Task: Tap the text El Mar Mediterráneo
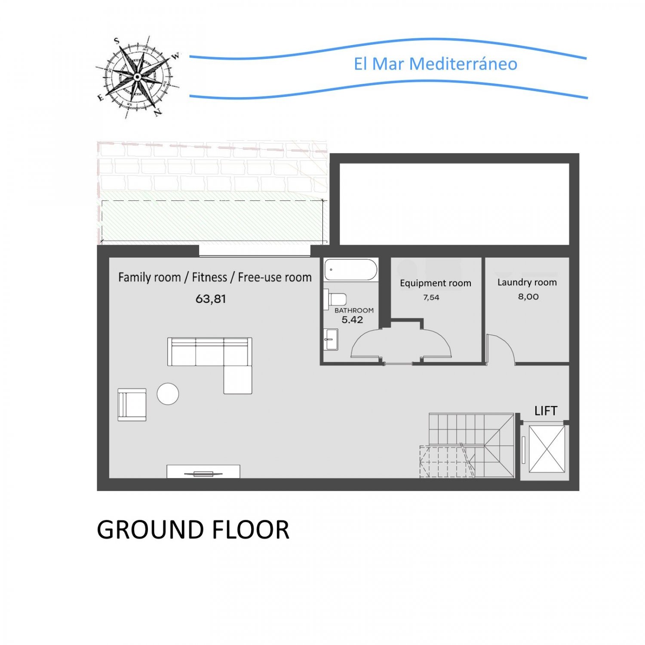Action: click(x=436, y=64)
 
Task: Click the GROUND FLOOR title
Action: click(x=193, y=529)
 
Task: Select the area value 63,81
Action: click(x=211, y=298)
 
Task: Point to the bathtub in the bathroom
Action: click(x=351, y=270)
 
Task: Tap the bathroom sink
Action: click(x=331, y=339)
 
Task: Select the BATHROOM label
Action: click(x=354, y=310)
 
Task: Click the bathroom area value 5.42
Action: click(x=352, y=319)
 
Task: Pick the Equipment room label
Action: click(x=436, y=283)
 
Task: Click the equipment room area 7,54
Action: click(x=431, y=297)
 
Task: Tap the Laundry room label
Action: click(x=527, y=283)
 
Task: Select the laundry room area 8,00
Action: click(x=528, y=296)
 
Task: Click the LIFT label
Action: click(x=546, y=411)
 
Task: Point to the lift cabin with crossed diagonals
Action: click(x=547, y=449)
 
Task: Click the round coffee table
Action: click(x=168, y=393)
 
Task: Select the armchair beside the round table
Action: click(x=132, y=405)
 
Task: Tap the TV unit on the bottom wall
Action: click(x=203, y=471)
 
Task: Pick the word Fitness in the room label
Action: click(x=209, y=277)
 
